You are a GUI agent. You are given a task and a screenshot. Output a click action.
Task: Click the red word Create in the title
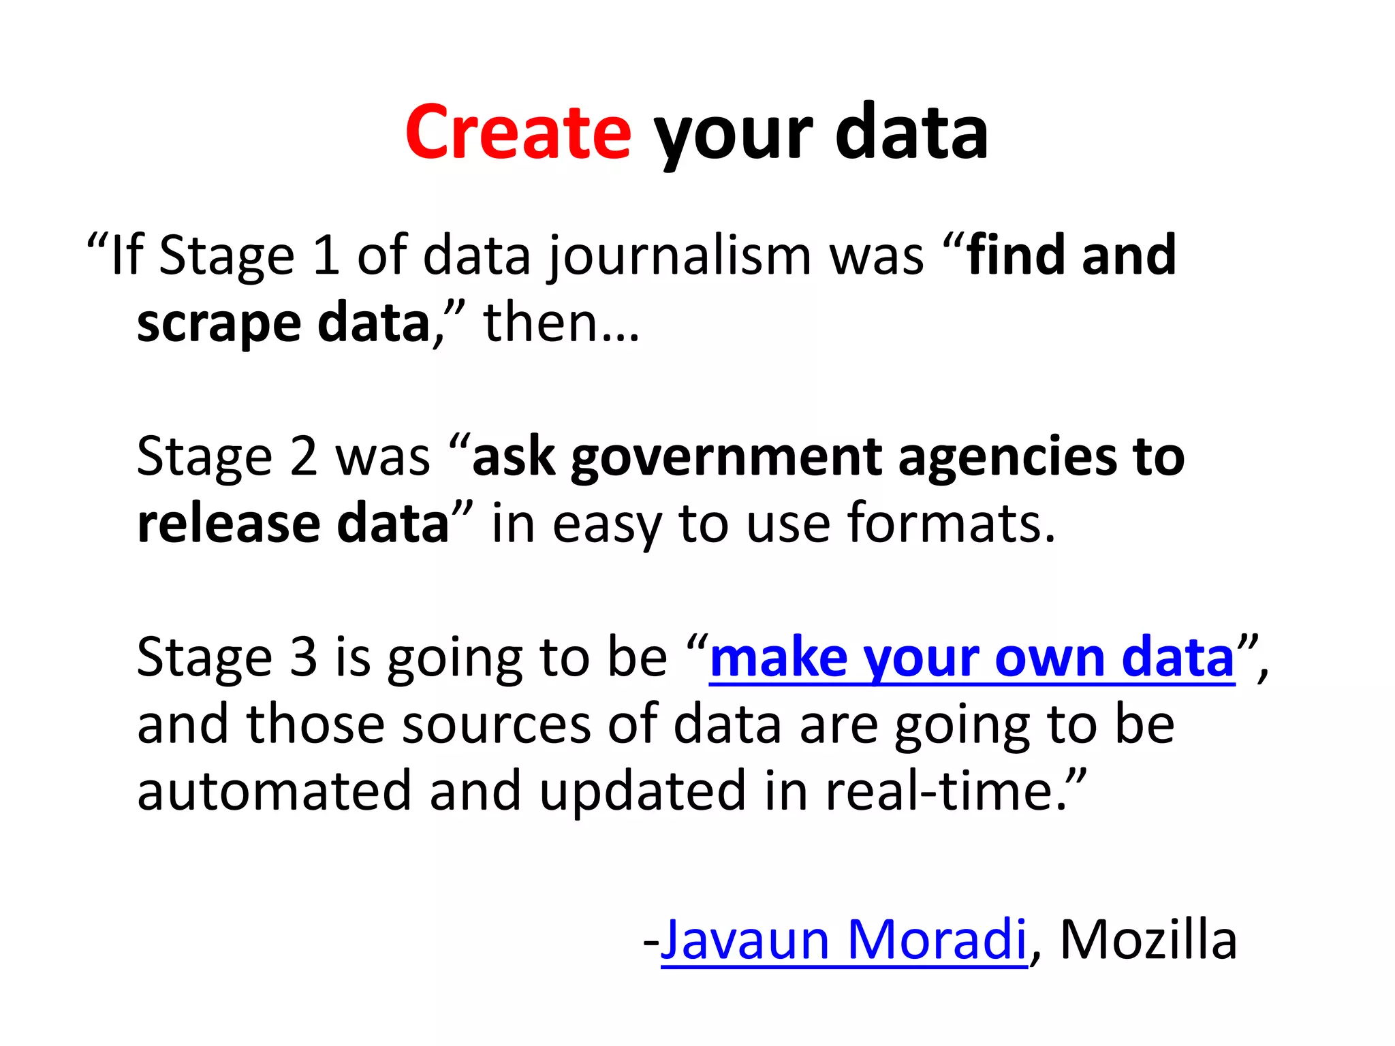point(518,132)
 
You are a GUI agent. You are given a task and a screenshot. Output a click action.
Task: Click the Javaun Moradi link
point(843,940)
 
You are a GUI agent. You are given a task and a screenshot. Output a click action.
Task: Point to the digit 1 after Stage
point(326,255)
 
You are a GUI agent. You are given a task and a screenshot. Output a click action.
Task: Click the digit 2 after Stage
point(304,456)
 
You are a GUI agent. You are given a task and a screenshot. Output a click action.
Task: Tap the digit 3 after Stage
point(304,658)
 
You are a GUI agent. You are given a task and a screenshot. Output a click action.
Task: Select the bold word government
point(727,458)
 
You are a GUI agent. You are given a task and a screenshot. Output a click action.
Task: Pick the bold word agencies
point(1007,458)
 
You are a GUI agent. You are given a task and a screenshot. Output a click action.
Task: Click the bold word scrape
point(219,323)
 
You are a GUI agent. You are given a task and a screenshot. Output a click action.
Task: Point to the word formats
point(951,524)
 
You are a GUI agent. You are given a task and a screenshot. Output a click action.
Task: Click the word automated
point(274,791)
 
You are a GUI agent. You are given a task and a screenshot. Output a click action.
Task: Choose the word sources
point(497,725)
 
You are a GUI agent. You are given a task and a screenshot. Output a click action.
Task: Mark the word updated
point(642,791)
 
